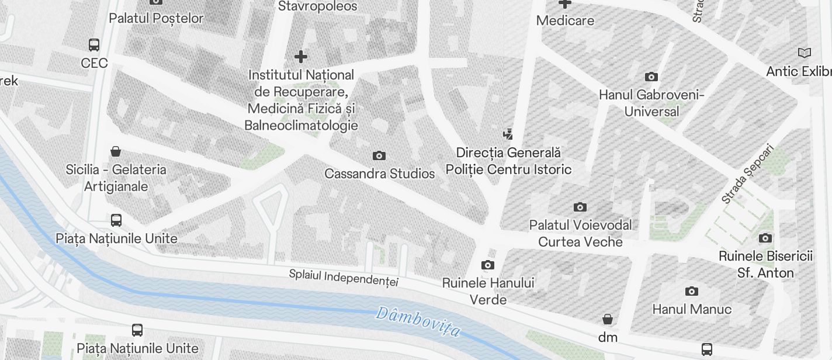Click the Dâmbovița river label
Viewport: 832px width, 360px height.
click(x=418, y=322)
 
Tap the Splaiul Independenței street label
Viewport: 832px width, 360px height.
click(x=344, y=278)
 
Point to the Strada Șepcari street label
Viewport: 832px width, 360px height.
click(x=747, y=174)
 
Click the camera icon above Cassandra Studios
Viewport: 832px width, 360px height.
click(x=379, y=155)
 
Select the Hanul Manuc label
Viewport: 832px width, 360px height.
click(x=692, y=309)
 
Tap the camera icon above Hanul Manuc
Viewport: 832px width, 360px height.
click(x=692, y=291)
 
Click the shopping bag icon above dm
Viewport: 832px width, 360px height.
click(x=608, y=319)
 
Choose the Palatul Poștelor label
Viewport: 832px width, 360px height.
click(x=156, y=18)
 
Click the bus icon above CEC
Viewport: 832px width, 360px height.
click(x=93, y=44)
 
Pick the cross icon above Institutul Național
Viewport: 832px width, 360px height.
click(x=301, y=57)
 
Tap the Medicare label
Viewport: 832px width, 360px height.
click(x=565, y=20)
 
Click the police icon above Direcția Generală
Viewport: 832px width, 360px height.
click(x=508, y=134)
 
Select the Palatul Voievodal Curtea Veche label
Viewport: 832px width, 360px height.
click(x=580, y=233)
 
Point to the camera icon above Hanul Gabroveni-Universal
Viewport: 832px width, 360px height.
click(x=651, y=77)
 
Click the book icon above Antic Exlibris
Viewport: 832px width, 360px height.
click(x=805, y=53)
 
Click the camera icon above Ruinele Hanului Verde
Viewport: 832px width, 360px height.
click(x=488, y=265)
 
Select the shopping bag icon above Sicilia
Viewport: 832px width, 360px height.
click(x=116, y=151)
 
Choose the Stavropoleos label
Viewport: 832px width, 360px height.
click(x=317, y=6)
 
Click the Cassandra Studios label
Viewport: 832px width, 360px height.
click(x=379, y=174)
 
